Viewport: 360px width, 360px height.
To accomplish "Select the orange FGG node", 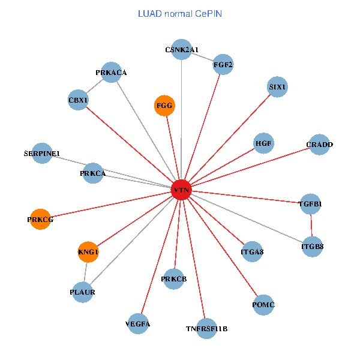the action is (164, 106).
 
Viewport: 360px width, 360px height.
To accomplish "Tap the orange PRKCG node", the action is (40, 220).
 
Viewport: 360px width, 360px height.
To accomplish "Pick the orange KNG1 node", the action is (88, 252).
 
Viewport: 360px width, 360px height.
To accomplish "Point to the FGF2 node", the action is (223, 65).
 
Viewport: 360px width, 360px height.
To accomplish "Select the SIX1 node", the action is (278, 87).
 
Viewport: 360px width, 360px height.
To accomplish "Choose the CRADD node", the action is (319, 145).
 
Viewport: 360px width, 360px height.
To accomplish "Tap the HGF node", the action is (264, 143).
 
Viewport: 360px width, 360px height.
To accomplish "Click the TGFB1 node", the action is (310, 204).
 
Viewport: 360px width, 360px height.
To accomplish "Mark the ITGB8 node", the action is (312, 246).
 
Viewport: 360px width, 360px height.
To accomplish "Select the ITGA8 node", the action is (252, 251).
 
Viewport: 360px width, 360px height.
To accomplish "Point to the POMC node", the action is (264, 305).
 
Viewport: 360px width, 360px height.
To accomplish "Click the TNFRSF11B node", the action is (206, 328).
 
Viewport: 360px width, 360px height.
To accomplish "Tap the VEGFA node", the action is (138, 324).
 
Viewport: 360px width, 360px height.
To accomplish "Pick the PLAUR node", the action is (83, 292).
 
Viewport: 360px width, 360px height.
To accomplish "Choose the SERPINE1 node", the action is (41, 154).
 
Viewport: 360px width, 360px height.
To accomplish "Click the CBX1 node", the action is (79, 100).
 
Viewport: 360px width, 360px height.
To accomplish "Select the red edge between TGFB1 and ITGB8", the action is (311, 225).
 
